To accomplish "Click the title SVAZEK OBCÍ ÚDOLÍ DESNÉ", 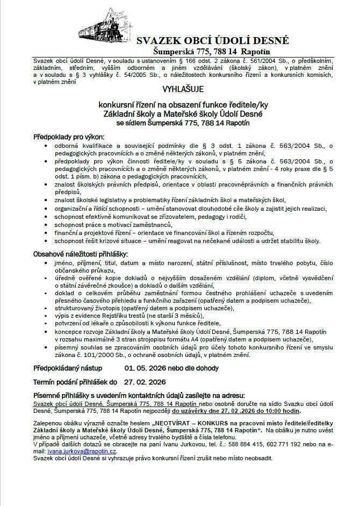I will click(212, 41).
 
